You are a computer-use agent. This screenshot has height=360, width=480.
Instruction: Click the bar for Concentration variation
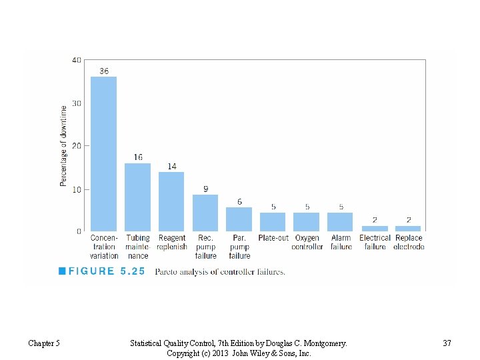point(103,154)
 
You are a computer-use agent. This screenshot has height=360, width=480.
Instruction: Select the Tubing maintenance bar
point(137,197)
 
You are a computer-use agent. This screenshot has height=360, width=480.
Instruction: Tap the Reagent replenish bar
point(171,201)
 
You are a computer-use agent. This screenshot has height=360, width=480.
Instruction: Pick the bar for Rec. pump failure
point(205,213)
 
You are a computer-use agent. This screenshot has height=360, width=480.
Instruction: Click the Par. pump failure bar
point(239,219)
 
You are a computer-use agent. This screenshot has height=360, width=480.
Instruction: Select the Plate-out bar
point(273,222)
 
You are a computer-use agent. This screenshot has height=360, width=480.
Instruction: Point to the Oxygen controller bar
point(307,222)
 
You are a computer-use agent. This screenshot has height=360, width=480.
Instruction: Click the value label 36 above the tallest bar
point(104,71)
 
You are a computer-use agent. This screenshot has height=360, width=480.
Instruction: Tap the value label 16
point(137,157)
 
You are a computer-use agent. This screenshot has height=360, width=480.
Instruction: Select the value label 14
point(171,166)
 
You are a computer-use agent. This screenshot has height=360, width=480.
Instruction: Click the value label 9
point(205,188)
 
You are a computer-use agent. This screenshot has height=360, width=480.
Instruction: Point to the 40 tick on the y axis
point(77,60)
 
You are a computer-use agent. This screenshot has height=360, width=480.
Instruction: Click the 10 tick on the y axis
point(77,189)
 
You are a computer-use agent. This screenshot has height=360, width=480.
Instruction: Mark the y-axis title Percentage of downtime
point(63,145)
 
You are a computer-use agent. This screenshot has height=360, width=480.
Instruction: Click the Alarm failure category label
point(341,242)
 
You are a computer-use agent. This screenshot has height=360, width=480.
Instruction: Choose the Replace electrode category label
point(409,242)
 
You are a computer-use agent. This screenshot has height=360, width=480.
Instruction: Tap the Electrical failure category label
point(375,242)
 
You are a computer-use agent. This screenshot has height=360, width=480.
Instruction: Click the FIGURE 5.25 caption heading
point(102,272)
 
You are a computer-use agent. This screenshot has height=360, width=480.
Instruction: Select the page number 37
point(447,343)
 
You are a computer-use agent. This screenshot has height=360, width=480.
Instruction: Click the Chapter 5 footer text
point(44,343)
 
